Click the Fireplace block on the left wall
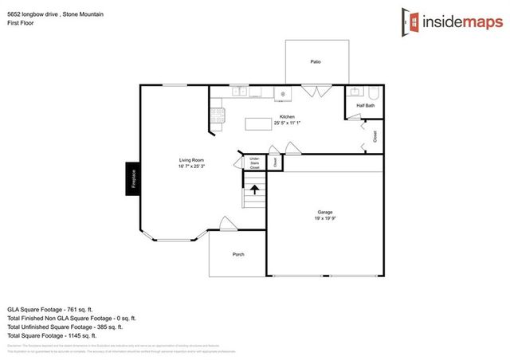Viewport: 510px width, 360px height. tap(134, 178)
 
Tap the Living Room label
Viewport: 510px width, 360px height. tap(192, 161)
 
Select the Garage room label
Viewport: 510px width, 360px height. tap(325, 212)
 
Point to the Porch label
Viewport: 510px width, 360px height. tap(238, 254)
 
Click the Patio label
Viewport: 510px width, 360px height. tap(316, 61)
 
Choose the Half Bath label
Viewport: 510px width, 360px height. tap(365, 106)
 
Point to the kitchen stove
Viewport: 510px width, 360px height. tap(282, 93)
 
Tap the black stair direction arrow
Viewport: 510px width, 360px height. tap(255, 190)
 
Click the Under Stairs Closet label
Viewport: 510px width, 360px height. tap(255, 164)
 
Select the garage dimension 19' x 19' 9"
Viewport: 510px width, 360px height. tap(325, 217)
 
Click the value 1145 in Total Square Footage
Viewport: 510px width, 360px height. tap(81, 336)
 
